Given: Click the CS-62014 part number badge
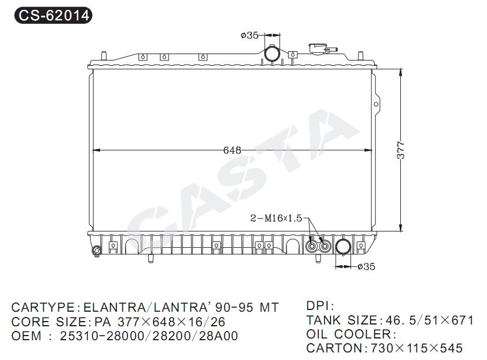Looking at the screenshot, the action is click(x=54, y=15).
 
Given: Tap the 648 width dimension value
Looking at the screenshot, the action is click(x=232, y=150).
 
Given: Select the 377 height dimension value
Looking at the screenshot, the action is click(x=401, y=150).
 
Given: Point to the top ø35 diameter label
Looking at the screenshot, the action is click(x=250, y=35).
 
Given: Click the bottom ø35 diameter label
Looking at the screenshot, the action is click(x=366, y=266).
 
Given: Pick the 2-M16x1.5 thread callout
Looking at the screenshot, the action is click(x=276, y=218).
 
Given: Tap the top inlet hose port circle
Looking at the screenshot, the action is click(x=272, y=54).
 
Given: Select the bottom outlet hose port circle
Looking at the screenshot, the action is click(x=343, y=247).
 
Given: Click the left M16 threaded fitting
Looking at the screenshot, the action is click(x=311, y=247).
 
